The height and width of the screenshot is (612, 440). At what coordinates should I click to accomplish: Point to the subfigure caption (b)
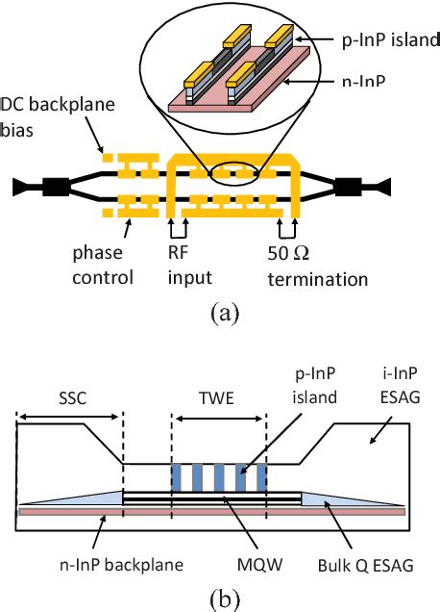click(221, 598)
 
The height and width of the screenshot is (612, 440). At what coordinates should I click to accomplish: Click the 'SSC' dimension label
click(67, 395)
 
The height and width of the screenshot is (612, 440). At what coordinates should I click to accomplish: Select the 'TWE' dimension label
click(218, 395)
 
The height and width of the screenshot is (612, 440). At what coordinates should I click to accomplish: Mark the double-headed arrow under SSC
click(68, 416)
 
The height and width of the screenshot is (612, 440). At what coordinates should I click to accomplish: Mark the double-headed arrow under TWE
click(218, 416)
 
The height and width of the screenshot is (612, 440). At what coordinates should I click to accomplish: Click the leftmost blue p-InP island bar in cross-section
click(176, 476)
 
